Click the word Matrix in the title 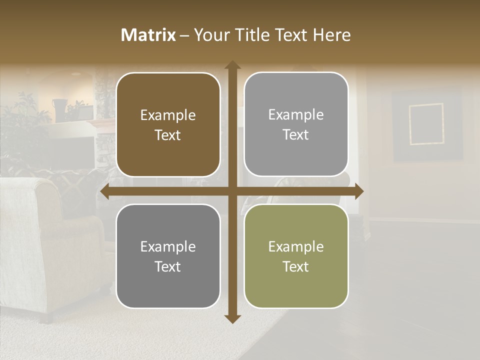coord(148,35)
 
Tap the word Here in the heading coord(331,35)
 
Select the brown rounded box coord(168,124)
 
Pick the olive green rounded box coord(296,256)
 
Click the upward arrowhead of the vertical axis coord(232,65)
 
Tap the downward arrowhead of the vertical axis coord(232,318)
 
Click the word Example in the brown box coord(168,115)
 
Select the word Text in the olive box coord(296,266)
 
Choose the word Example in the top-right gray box coord(296,114)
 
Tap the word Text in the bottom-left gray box coord(168,266)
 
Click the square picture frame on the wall coord(426,124)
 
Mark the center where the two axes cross coord(232,191)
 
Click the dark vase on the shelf coord(59,109)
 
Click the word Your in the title coord(210,35)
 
